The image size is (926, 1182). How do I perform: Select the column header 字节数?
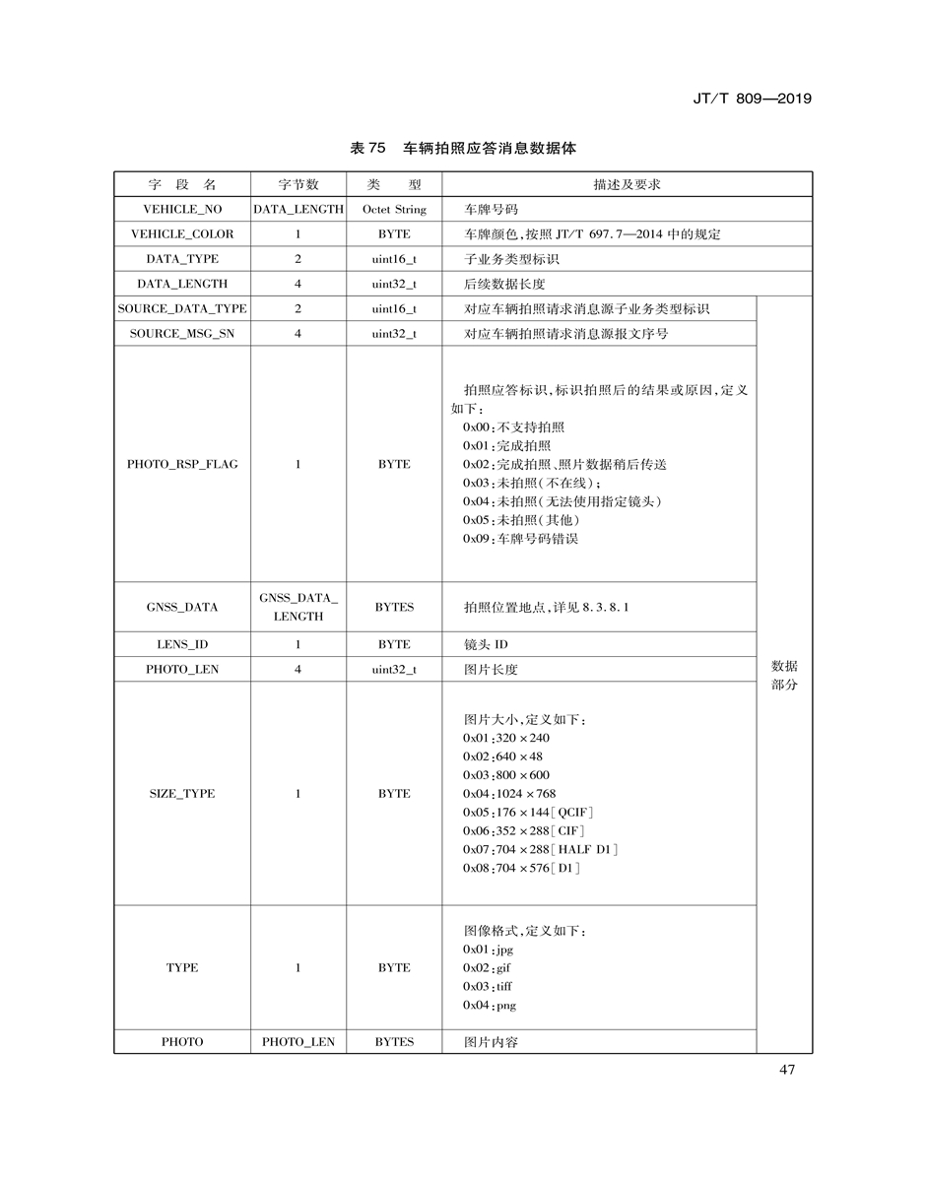pyautogui.click(x=298, y=184)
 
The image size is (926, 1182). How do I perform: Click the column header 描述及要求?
pyautogui.click(x=627, y=184)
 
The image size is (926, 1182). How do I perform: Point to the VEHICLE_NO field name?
pyautogui.click(x=182, y=210)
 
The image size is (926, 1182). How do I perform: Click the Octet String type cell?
pyautogui.click(x=393, y=210)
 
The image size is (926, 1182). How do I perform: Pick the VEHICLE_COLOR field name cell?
pyautogui.click(x=182, y=234)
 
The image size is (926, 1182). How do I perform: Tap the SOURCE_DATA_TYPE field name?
pyautogui.click(x=182, y=309)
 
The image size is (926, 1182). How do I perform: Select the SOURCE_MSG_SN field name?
pyautogui.click(x=182, y=334)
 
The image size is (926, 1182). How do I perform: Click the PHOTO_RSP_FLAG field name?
pyautogui.click(x=182, y=464)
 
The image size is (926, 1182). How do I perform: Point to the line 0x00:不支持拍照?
pyautogui.click(x=514, y=427)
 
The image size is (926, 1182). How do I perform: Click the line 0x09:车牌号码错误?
pyautogui.click(x=521, y=539)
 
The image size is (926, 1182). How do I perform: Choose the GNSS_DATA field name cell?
pyautogui.click(x=182, y=607)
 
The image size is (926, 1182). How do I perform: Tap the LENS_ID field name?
pyautogui.click(x=182, y=644)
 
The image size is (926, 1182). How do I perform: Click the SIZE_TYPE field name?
pyautogui.click(x=182, y=794)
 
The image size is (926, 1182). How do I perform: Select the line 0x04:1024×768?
pyautogui.click(x=509, y=794)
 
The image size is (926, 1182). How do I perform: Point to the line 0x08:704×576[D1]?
pyautogui.click(x=522, y=868)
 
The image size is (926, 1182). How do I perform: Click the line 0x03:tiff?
pyautogui.click(x=488, y=986)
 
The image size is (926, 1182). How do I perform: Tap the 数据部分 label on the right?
pyautogui.click(x=784, y=675)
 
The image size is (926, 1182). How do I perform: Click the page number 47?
pyautogui.click(x=786, y=1071)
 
